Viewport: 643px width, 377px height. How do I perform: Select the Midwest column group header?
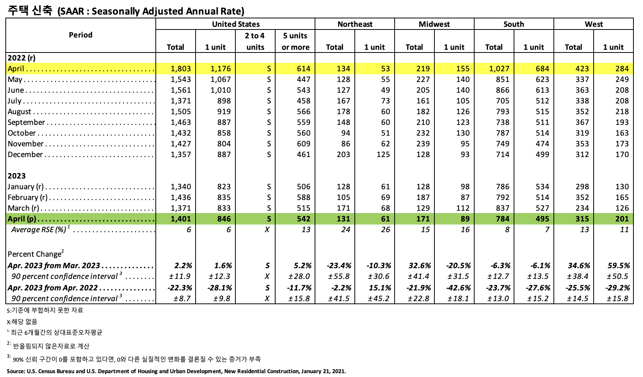click(x=434, y=24)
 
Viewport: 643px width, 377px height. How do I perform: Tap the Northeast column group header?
click(x=355, y=24)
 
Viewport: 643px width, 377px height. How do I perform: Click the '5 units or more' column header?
click(x=295, y=41)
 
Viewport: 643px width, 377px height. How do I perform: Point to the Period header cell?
click(x=80, y=35)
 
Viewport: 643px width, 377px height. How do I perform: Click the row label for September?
click(x=26, y=122)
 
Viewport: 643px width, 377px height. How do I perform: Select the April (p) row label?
click(x=22, y=219)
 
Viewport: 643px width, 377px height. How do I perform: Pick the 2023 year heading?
click(x=16, y=176)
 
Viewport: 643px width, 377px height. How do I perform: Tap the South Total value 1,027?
click(x=499, y=69)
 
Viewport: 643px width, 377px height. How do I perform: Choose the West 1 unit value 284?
click(x=622, y=69)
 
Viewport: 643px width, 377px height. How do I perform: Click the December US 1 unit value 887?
click(x=224, y=154)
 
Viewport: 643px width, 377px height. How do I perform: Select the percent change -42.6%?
click(x=458, y=288)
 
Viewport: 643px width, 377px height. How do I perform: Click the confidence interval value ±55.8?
click(x=339, y=276)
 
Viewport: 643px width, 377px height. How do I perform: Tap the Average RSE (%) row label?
click(x=39, y=229)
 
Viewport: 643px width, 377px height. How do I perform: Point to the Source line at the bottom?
click(x=176, y=371)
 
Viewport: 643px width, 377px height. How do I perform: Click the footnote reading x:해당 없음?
click(x=22, y=321)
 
